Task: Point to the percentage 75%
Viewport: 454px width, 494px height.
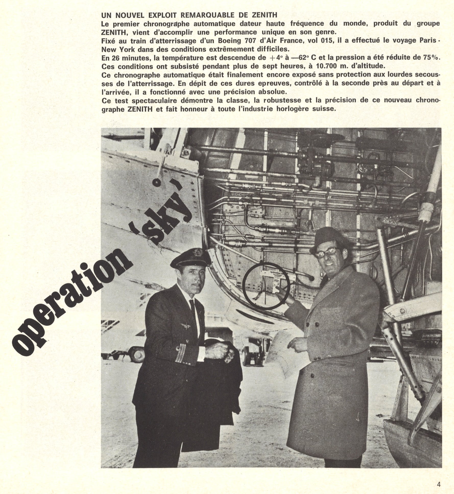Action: pos(432,58)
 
